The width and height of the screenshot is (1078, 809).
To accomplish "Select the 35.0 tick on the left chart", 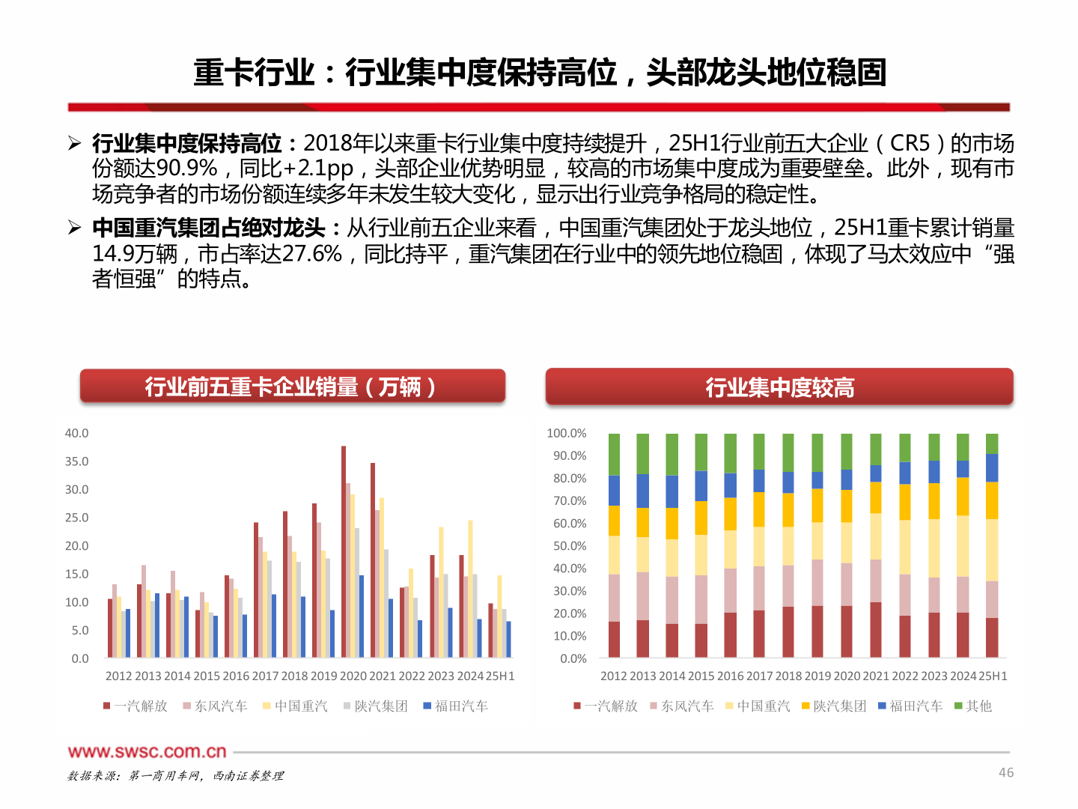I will click(76, 461).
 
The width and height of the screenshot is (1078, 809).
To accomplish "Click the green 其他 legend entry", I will click(973, 706).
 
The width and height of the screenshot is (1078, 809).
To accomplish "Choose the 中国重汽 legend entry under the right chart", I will click(758, 706).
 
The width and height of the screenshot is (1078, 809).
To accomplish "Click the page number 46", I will click(1006, 772).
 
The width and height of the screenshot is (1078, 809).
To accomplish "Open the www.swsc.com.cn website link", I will click(147, 751).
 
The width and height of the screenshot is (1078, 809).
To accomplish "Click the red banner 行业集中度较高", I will click(779, 387).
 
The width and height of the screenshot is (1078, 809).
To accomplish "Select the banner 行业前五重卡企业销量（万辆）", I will click(292, 387).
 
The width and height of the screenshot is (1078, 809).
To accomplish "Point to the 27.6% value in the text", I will click(312, 253).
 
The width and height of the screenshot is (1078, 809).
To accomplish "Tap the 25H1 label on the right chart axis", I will click(993, 676).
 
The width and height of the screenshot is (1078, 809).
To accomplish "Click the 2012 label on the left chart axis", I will click(118, 676).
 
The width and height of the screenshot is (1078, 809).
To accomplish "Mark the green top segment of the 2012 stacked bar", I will click(614, 454).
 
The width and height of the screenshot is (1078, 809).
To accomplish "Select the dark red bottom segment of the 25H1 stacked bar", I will click(992, 637).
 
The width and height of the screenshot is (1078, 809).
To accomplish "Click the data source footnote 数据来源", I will click(176, 776).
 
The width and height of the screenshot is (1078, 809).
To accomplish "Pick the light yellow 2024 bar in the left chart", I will click(470, 589).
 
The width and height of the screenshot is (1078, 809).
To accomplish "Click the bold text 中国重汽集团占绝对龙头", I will click(209, 228).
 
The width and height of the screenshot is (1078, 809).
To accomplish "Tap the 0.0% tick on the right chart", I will click(573, 658).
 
